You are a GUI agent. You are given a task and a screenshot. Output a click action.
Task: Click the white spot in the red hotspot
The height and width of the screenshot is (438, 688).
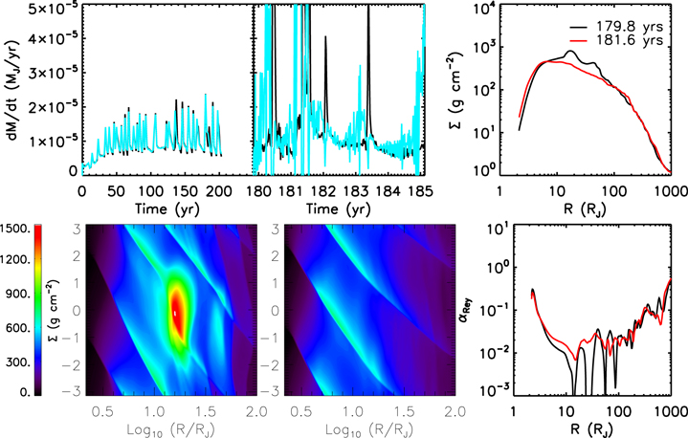[x=174, y=313]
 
